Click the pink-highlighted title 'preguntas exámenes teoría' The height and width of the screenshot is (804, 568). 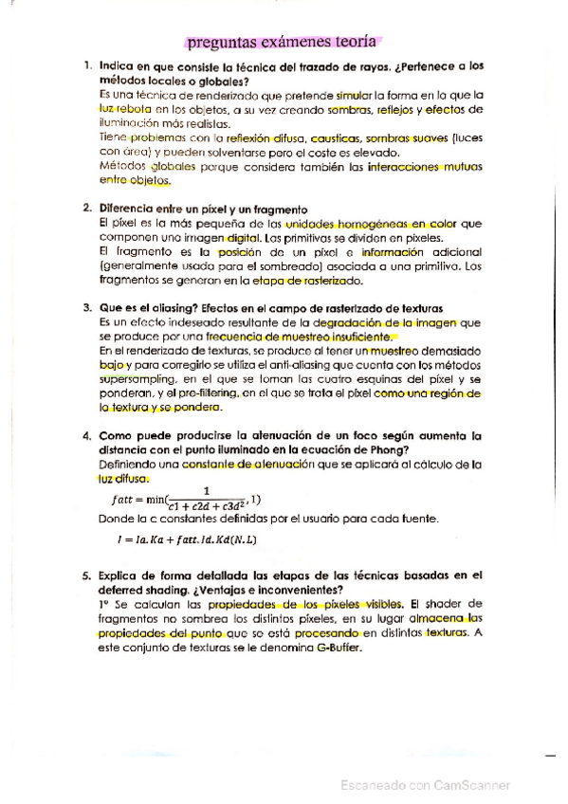click(283, 42)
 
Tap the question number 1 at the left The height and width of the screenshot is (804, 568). click(87, 66)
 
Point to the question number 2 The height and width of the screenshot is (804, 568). click(87, 209)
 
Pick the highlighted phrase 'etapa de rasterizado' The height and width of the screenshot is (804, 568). click(309, 280)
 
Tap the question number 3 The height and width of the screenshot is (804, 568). click(87, 308)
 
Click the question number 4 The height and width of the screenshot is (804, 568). click(87, 435)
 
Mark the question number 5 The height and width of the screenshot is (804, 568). click(87, 576)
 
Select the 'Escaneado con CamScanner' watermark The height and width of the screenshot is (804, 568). click(426, 785)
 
